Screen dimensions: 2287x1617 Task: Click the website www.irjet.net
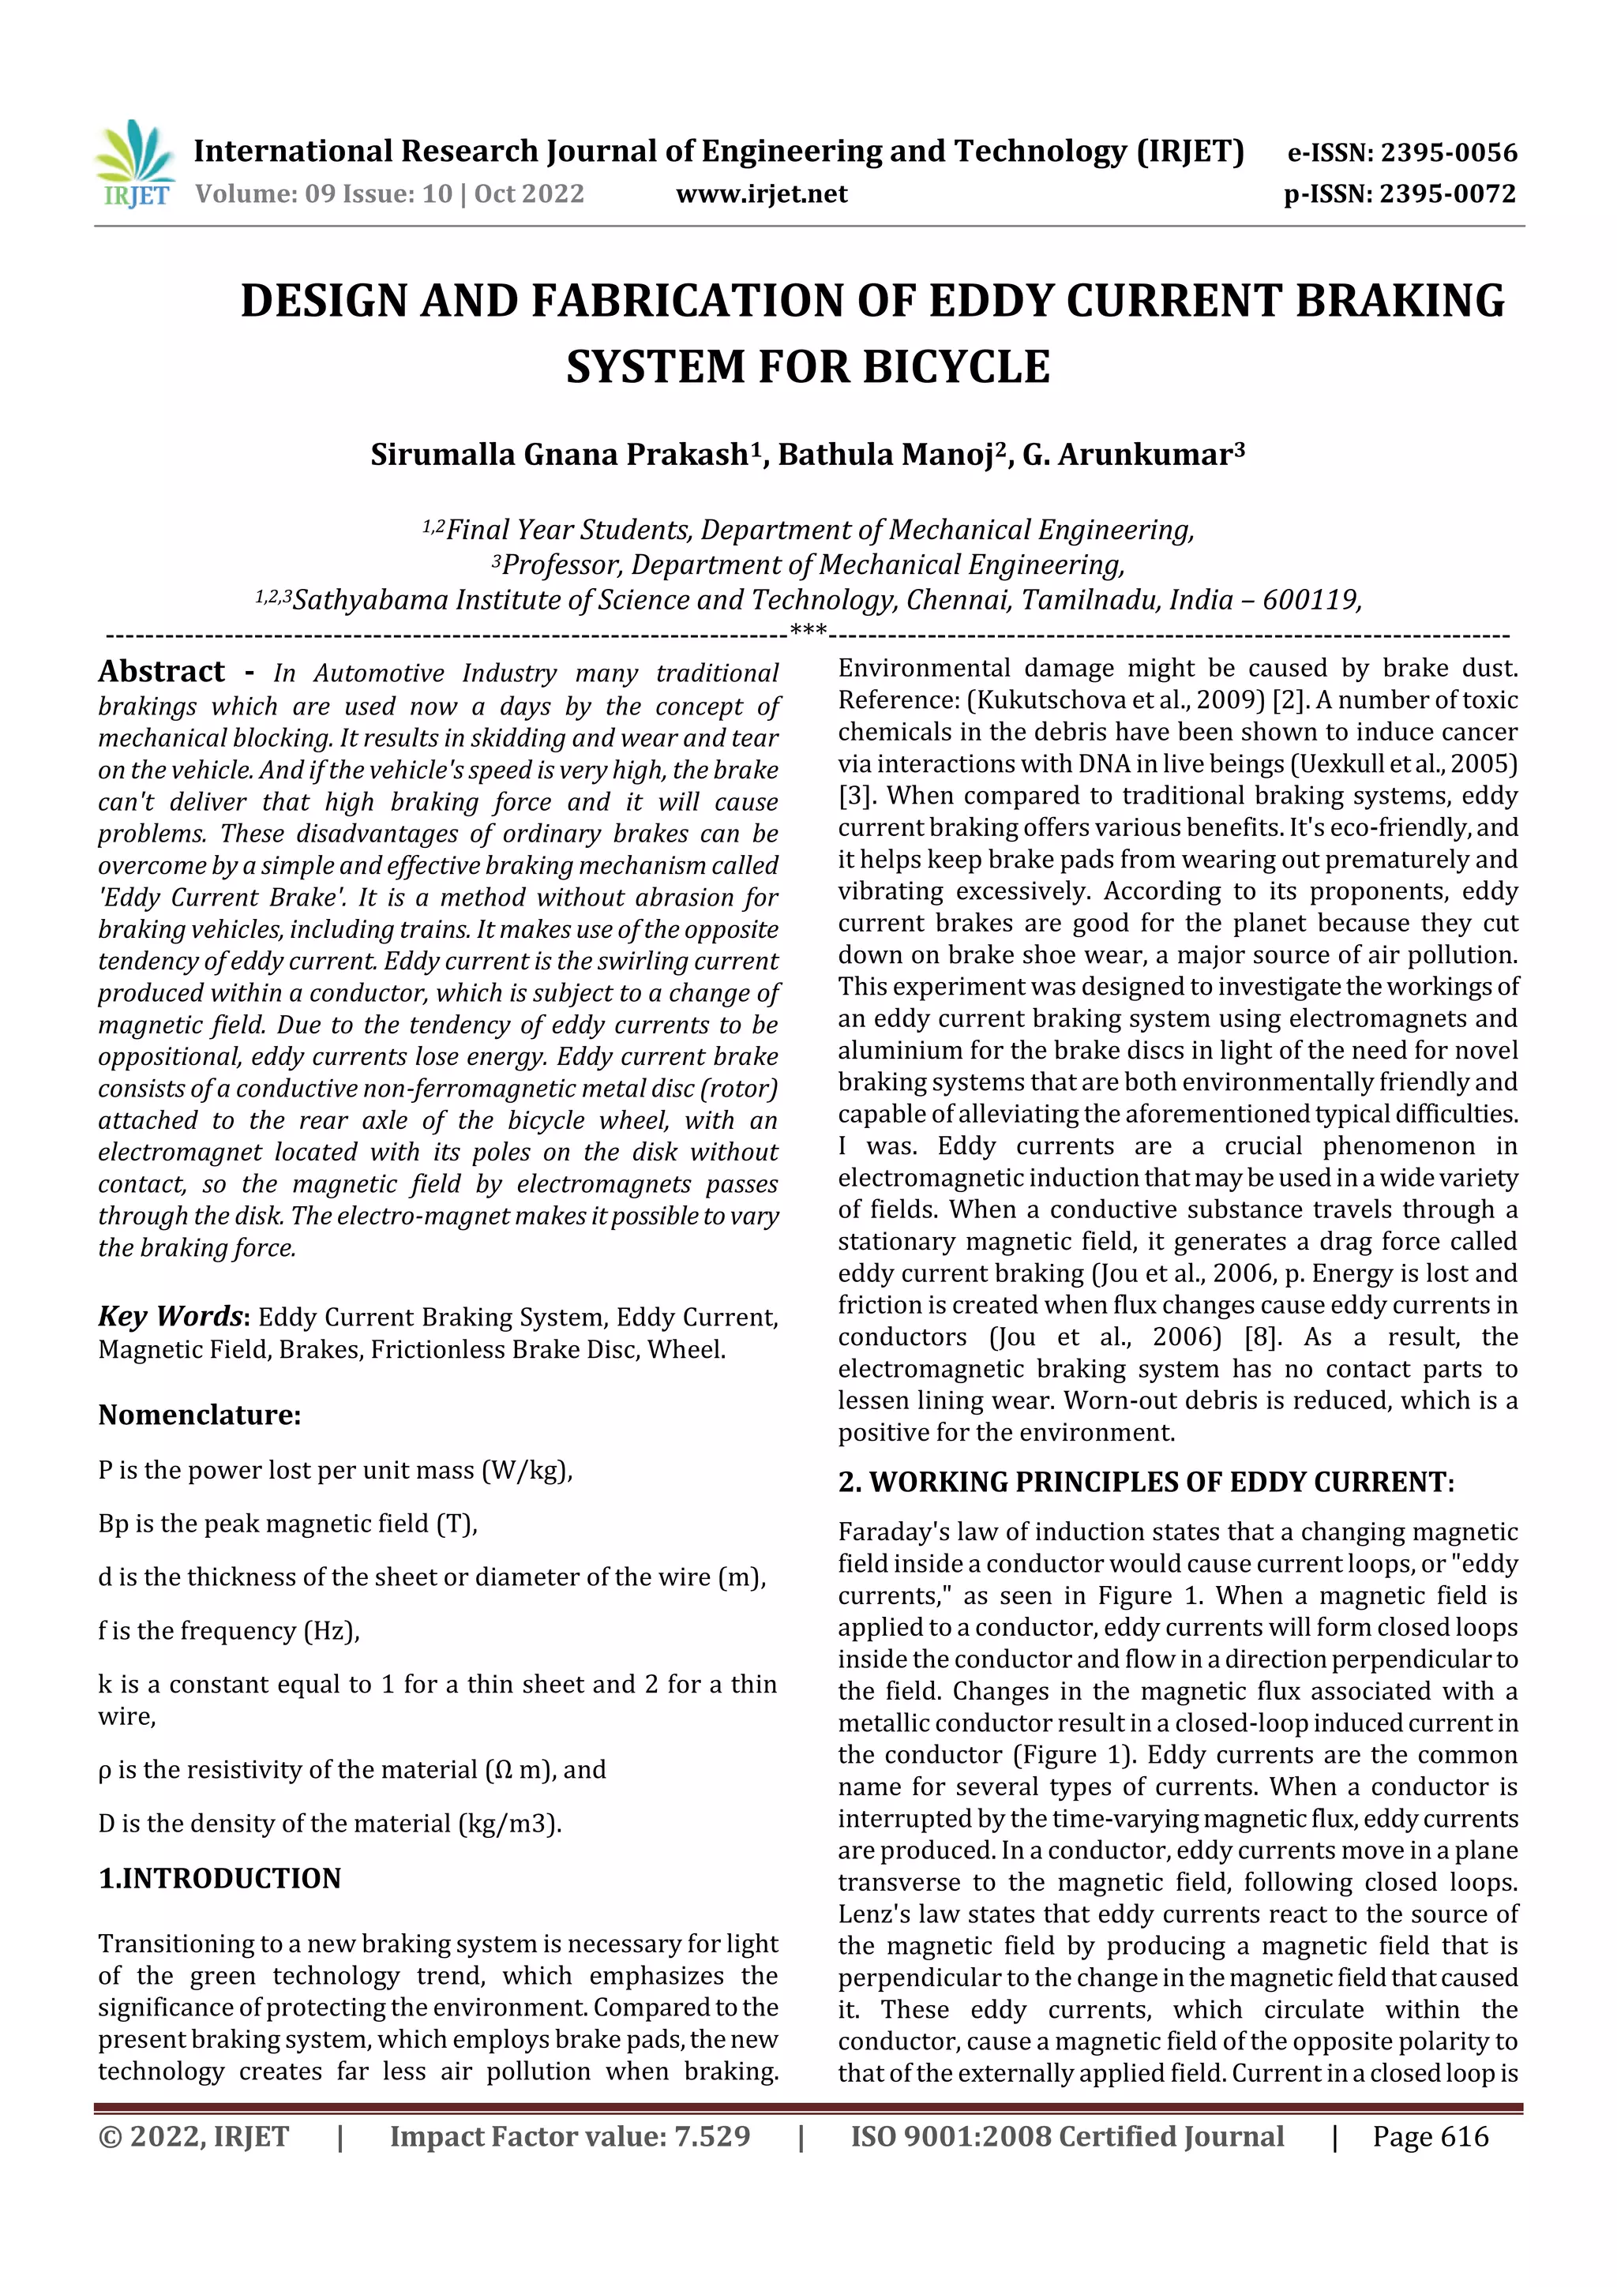[x=761, y=194]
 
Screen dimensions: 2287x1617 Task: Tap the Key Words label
[x=170, y=1317]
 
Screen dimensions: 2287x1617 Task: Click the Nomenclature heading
[x=199, y=1415]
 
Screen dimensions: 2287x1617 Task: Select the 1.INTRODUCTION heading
[x=219, y=1879]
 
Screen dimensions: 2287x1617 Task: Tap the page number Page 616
[x=1430, y=2136]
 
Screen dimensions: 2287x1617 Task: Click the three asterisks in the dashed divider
[x=807, y=631]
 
